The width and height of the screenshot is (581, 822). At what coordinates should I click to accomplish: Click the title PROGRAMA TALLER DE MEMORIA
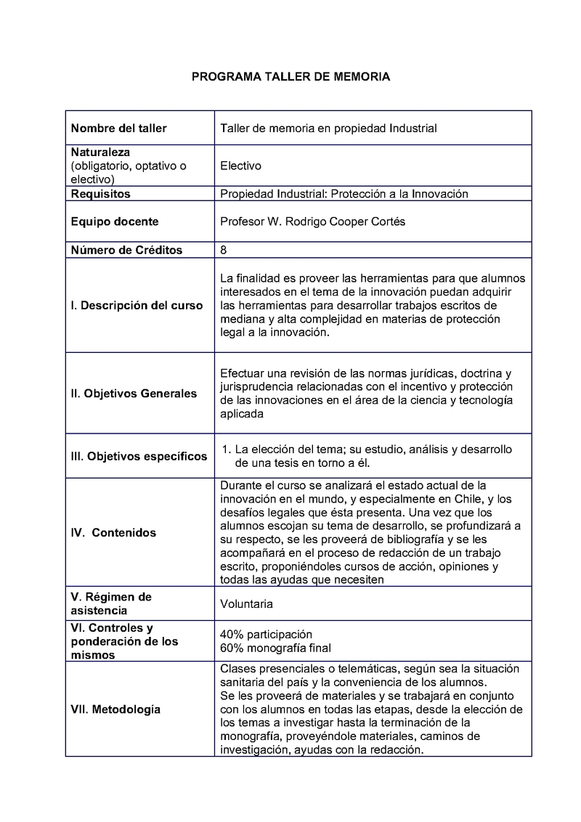(x=290, y=76)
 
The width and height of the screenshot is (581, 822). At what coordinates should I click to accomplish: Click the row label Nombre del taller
(x=118, y=129)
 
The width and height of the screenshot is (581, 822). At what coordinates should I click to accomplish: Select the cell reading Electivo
(x=240, y=166)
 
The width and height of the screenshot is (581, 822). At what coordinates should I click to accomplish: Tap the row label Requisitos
(x=101, y=194)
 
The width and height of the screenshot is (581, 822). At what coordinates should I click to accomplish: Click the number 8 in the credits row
(x=223, y=250)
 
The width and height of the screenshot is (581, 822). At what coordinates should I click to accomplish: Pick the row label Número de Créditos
(x=126, y=250)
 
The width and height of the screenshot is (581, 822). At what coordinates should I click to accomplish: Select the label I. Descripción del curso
(x=137, y=305)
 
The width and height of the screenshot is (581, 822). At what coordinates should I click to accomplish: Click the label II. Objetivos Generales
(x=134, y=394)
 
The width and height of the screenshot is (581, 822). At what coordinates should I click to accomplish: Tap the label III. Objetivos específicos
(x=139, y=457)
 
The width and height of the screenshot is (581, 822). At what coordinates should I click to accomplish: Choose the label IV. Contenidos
(x=113, y=532)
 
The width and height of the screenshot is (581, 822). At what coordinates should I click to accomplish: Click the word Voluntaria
(x=247, y=603)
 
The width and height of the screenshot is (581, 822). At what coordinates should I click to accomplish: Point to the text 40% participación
(x=266, y=634)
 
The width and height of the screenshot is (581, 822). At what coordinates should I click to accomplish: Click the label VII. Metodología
(x=115, y=709)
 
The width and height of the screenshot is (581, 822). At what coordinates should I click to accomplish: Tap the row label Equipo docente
(x=115, y=221)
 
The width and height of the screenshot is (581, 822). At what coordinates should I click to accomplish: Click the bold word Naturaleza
(x=100, y=152)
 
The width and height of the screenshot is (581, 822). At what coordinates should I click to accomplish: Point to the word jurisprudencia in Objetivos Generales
(x=255, y=386)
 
